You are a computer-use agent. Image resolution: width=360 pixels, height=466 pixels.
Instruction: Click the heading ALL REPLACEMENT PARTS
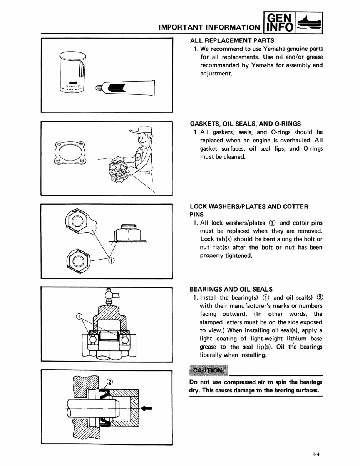(232, 40)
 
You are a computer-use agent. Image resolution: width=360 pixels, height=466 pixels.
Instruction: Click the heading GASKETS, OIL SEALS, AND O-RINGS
(246, 124)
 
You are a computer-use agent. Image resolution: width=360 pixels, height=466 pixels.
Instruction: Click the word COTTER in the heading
(294, 206)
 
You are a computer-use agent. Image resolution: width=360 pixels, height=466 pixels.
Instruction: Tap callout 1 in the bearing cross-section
(79, 317)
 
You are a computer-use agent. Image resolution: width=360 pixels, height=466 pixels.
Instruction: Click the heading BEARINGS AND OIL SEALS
(231, 289)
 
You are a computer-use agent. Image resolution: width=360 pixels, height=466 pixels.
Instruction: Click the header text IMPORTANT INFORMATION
(209, 28)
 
